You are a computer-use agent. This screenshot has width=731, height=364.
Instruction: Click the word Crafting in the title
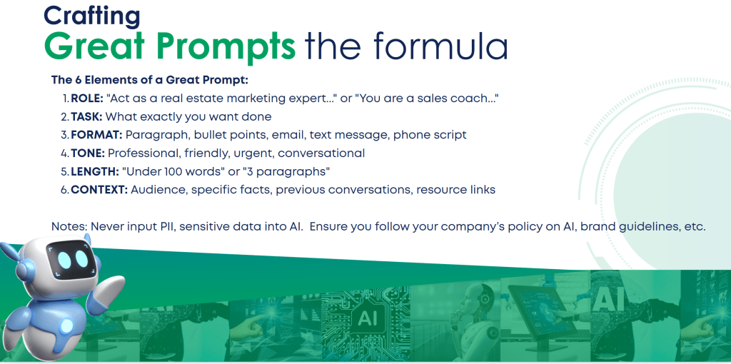(91, 16)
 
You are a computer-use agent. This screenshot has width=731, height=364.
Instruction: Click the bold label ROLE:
(87, 98)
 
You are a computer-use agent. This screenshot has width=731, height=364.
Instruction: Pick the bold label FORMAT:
(96, 135)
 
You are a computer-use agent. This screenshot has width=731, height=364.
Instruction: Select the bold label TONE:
(88, 153)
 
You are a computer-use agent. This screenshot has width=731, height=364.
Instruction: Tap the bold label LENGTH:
(95, 171)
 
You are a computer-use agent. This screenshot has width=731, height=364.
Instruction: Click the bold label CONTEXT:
(99, 190)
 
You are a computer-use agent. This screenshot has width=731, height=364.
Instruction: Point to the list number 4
(64, 153)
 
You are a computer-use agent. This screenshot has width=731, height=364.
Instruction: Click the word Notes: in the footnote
(69, 226)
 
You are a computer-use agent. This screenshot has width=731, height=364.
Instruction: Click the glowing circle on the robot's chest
(67, 325)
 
